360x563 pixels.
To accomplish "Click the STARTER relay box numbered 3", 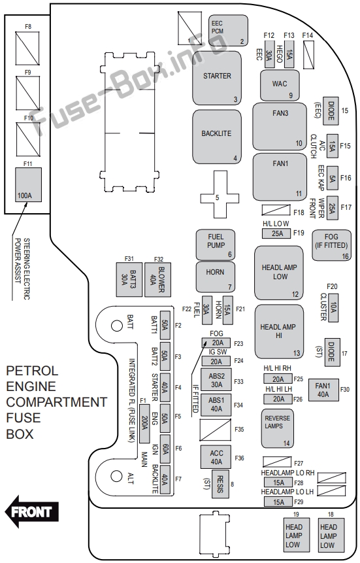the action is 217,78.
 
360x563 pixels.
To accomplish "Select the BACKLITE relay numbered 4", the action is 217,137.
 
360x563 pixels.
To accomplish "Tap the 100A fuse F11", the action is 28,184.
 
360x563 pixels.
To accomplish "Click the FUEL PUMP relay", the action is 216,245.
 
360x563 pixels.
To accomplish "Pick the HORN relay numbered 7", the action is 216,277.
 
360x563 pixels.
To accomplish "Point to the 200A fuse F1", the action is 144,424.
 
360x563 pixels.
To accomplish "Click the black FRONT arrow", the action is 31,511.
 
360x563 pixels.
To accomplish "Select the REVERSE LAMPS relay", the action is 277,428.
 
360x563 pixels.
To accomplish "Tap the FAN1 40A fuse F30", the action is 323,390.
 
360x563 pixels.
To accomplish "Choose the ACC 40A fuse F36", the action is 216,458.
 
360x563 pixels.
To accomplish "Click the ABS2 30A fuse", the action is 216,380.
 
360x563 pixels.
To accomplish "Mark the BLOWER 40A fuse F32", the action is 157,280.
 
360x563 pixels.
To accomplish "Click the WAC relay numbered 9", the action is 280,86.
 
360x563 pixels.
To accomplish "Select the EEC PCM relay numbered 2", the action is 228,31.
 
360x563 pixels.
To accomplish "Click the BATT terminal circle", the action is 117,326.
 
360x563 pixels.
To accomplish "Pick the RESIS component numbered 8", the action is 220,484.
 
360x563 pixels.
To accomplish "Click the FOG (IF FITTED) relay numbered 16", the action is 331,245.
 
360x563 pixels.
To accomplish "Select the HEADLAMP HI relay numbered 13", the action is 279,332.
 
